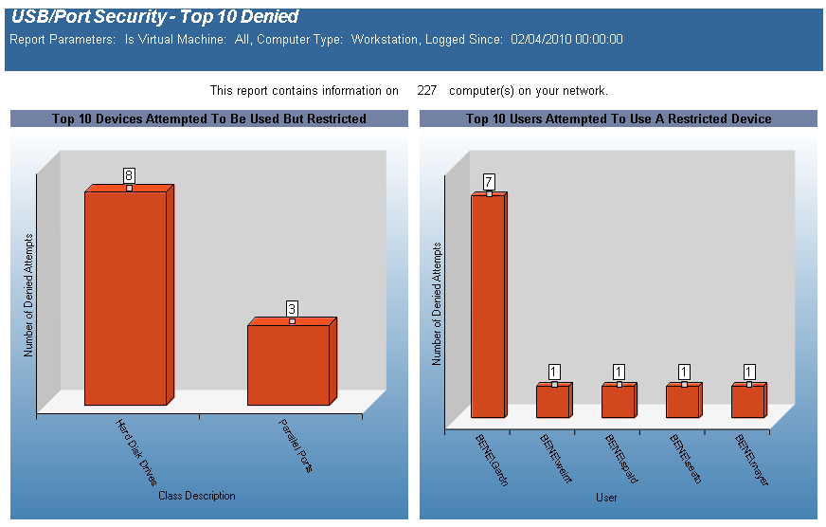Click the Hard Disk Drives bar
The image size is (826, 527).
[x=125, y=299]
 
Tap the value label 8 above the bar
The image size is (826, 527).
[x=129, y=175]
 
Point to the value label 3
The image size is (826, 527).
[x=292, y=309]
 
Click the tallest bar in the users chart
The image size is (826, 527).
[x=488, y=305]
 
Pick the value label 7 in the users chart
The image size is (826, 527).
[x=489, y=181]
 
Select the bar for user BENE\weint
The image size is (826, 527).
[x=552, y=401]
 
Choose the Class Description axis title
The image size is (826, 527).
[x=197, y=496]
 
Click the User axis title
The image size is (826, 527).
[x=607, y=498]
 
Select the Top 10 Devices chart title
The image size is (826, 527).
[x=209, y=119]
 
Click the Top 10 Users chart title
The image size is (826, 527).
[x=619, y=119]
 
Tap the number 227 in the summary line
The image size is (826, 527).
[x=426, y=91]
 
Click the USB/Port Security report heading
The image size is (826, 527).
[x=154, y=17]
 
